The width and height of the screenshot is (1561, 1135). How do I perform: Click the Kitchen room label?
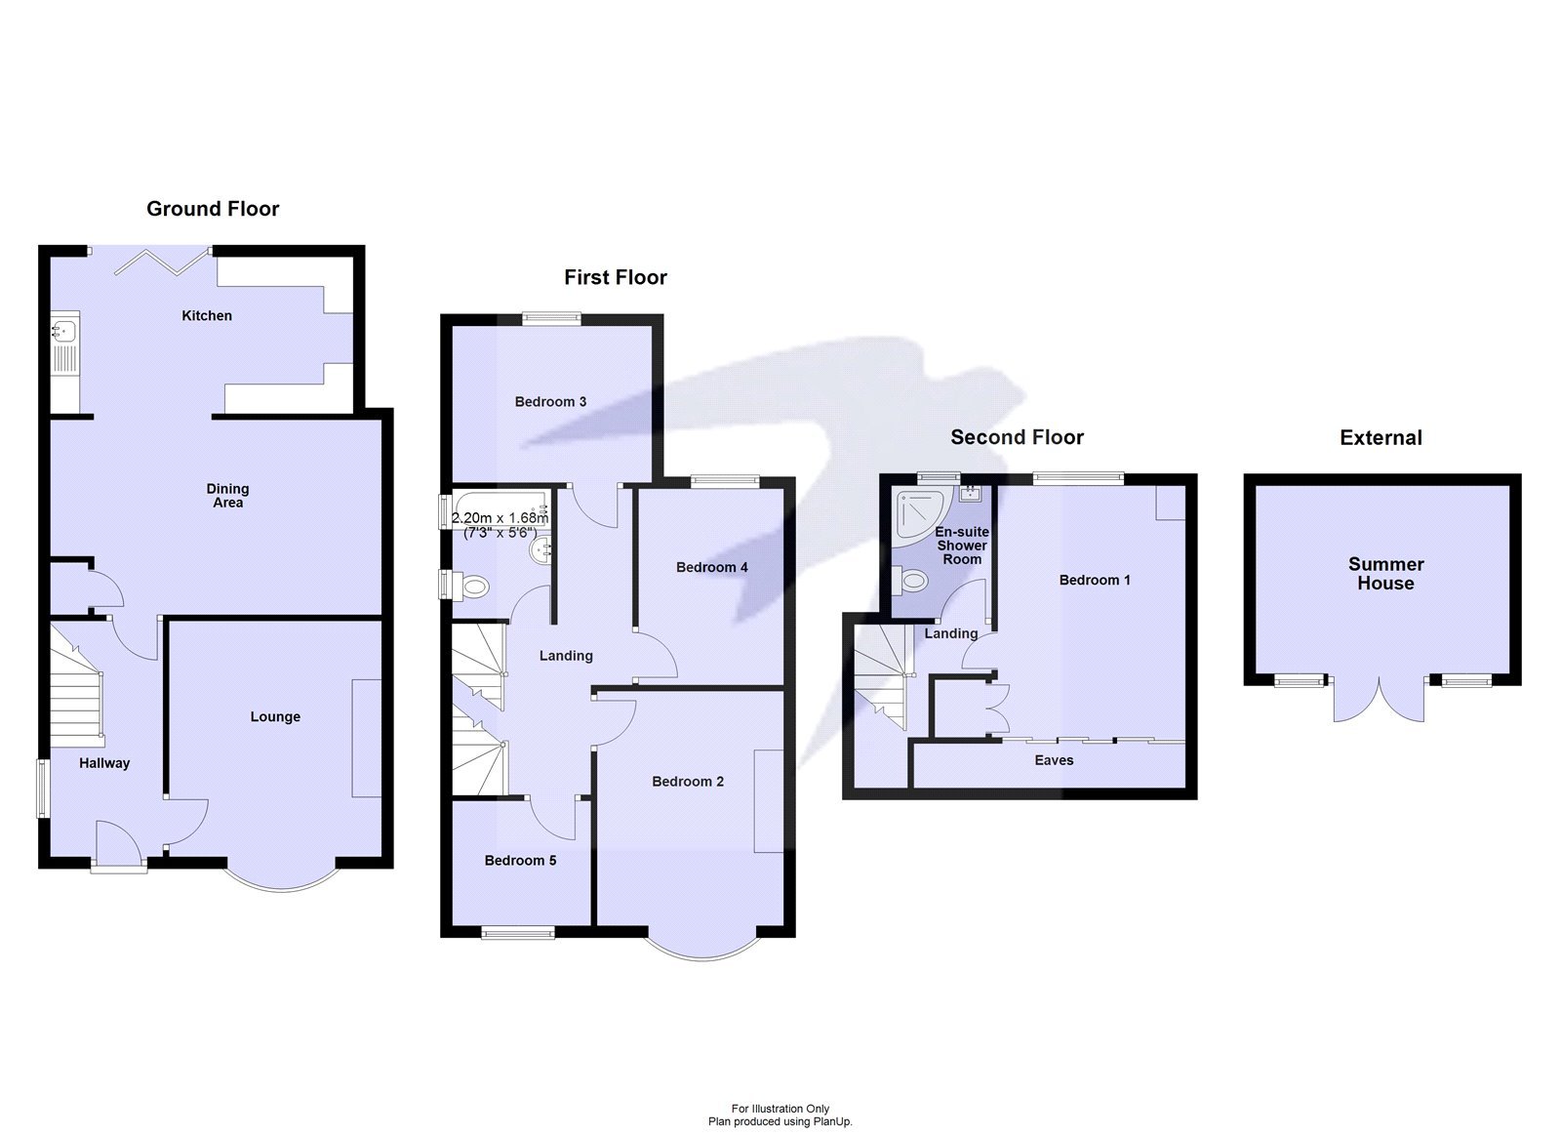point(207,315)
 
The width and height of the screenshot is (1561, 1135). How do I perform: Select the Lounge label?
point(275,716)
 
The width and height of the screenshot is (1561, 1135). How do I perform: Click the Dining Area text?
point(227,495)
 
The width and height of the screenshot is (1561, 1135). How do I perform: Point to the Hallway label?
point(104,763)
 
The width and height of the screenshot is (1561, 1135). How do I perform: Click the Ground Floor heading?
point(213,209)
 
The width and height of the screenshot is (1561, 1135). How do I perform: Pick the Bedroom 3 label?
point(550,401)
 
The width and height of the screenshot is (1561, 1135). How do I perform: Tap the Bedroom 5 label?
point(520,860)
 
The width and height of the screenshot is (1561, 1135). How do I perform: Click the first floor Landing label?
point(566,656)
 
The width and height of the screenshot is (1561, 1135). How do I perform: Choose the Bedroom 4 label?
point(711,567)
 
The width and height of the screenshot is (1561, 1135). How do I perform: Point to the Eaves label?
point(1054,760)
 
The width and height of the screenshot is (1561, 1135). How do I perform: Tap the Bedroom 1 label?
point(1095,580)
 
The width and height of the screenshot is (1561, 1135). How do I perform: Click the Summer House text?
point(1385,574)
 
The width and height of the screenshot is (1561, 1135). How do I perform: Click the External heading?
point(1381,438)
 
